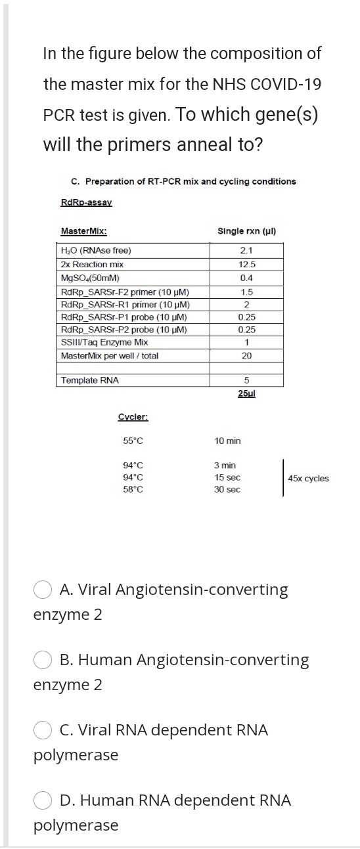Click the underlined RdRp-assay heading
[86, 202]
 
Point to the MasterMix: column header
[84, 231]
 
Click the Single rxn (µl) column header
[246, 231]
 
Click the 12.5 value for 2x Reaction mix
[247, 264]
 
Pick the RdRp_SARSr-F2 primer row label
[125, 291]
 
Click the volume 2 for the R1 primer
[247, 304]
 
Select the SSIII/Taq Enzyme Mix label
[104, 342]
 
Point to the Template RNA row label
[89, 380]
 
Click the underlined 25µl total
[247, 393]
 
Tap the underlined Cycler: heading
[133, 417]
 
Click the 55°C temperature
[133, 441]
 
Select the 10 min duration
[227, 441]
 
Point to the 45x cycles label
[308, 479]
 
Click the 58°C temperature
[133, 490]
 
